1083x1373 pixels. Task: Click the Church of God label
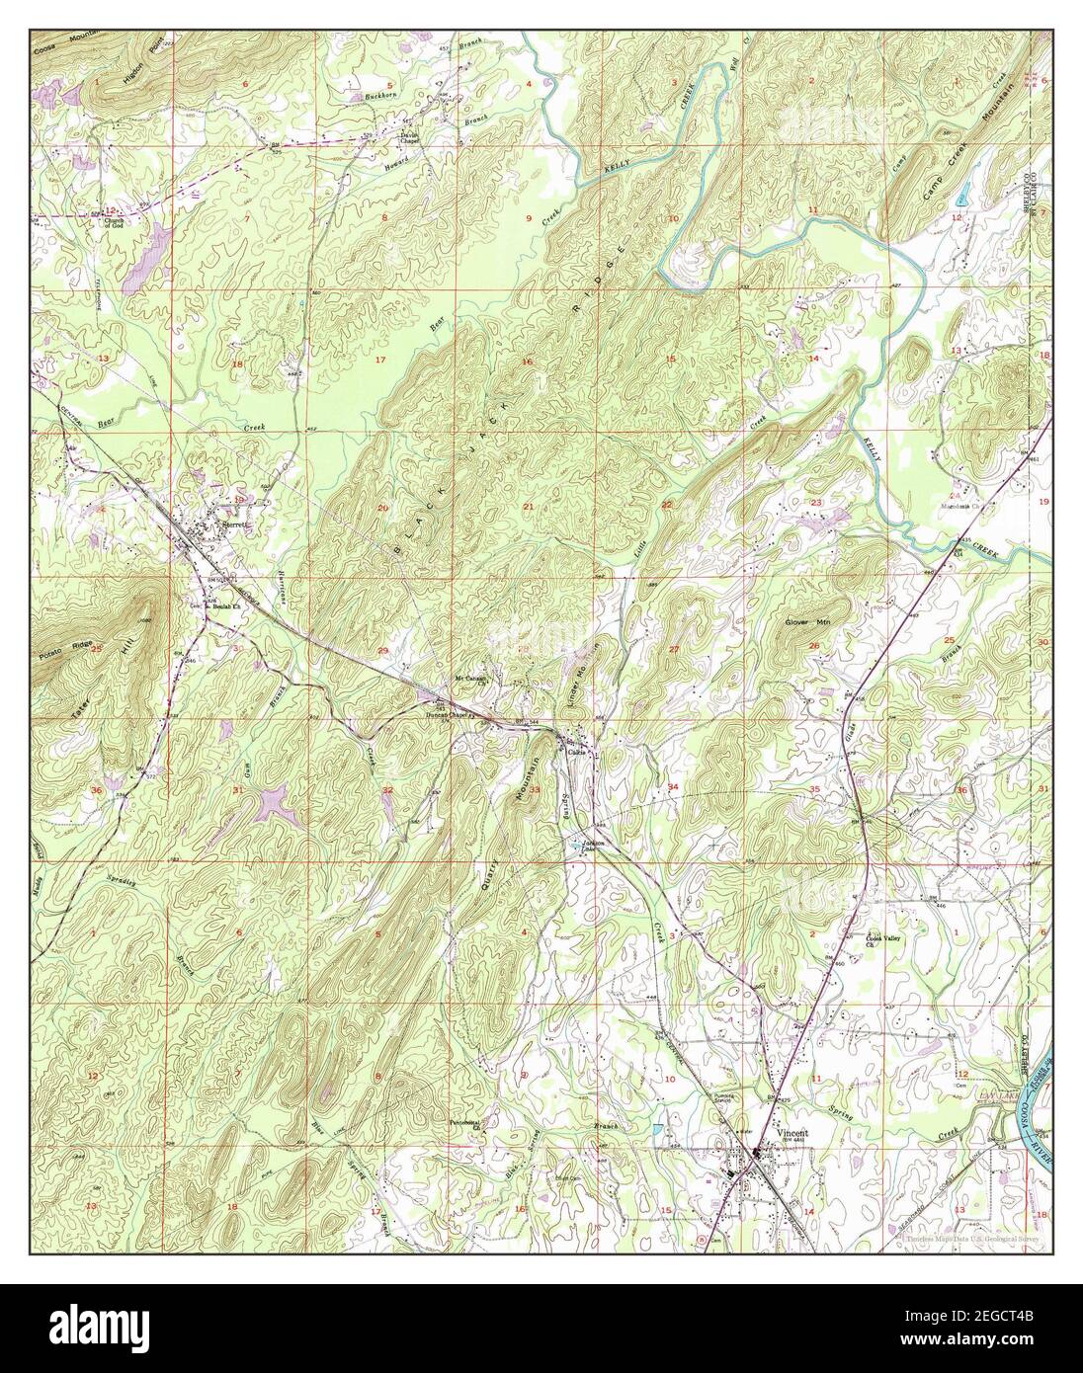[120, 217]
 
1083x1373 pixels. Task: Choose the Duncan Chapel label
[446, 713]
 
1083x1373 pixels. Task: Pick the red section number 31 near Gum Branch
[237, 790]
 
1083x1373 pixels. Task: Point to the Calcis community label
[579, 752]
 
